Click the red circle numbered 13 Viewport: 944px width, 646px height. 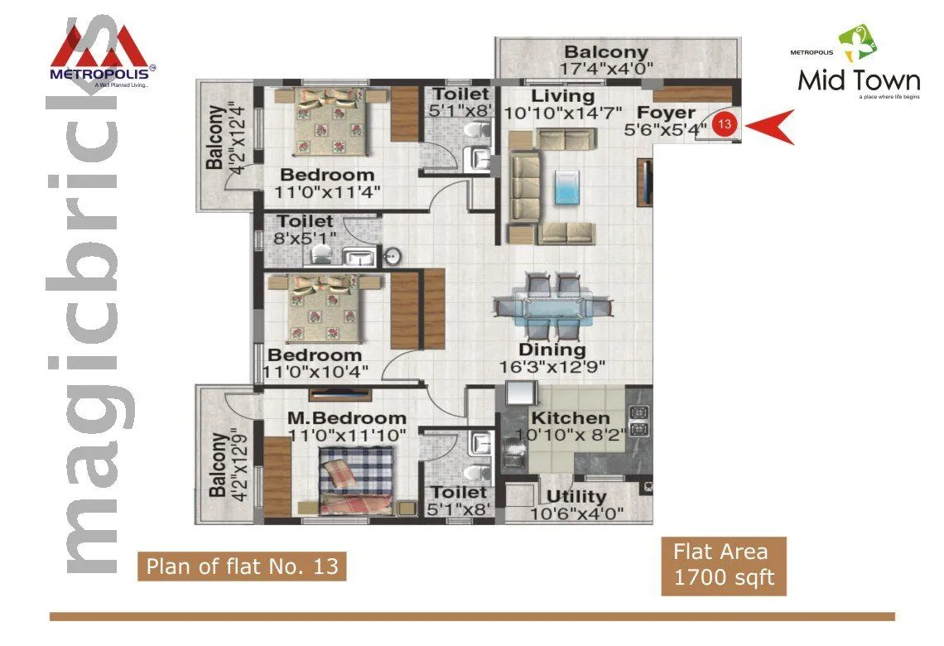[725, 125]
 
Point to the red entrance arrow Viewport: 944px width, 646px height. [769, 127]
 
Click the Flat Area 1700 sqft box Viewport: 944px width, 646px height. [723, 566]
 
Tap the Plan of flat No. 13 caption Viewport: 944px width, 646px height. [242, 566]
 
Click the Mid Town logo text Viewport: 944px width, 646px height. [859, 80]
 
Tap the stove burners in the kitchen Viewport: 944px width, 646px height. [638, 420]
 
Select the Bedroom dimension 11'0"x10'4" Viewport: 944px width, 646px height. [315, 371]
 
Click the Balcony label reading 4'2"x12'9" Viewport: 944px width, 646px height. [219, 465]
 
